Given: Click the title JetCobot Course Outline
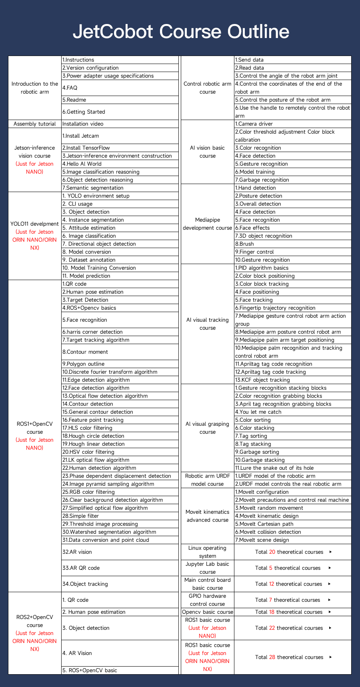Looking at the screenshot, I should pos(181,32).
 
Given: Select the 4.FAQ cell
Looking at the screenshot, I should pos(70,88).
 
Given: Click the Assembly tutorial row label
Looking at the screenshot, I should pos(35,124).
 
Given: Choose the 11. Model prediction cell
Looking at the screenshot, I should pos(86,276).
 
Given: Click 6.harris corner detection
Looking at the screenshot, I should pos(92,332).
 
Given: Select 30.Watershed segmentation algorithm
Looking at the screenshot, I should pos(109,532).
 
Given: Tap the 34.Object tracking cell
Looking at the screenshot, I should pos(85,584).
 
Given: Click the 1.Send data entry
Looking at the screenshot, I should pos(249,60).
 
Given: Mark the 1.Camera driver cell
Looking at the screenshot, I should pos(254,124).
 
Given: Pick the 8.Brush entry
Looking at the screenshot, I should pos(244,244).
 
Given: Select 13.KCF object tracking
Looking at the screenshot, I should pos(262,380).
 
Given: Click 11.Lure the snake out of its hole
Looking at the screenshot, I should pos(274,468).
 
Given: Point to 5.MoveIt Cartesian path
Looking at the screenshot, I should pos(264,524).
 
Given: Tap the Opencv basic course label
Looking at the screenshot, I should pos(208,612).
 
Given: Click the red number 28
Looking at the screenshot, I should pos(272,657).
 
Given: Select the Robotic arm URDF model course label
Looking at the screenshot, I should pos(208,480).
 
